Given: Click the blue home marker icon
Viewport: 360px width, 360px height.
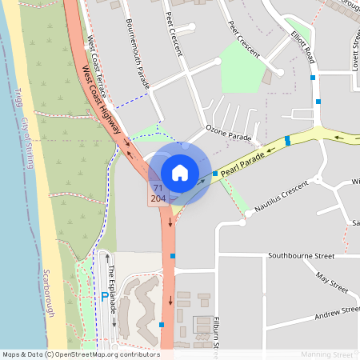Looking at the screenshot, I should tap(180, 172).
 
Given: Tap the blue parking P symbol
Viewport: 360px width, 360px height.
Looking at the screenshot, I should tap(104, 296).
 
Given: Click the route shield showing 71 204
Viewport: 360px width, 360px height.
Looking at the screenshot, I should tap(158, 193).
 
